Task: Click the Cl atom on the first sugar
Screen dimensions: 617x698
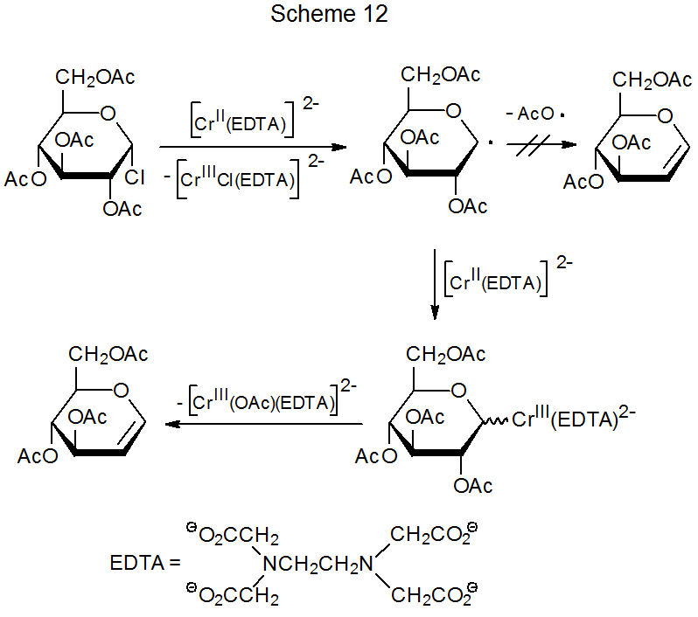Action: coord(135,179)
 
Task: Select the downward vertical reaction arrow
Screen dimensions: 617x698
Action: coord(435,284)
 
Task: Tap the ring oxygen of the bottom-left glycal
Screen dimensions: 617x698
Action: coord(121,390)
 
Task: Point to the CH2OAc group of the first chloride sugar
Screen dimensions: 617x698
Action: coord(95,78)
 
